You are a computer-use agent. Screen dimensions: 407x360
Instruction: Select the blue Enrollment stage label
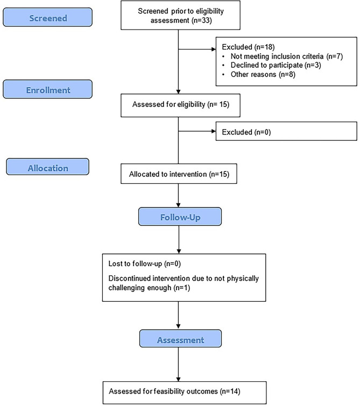[x=47, y=90]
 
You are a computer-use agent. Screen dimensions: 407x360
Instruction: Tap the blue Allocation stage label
[x=47, y=168]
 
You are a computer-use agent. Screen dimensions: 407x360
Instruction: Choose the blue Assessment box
[x=179, y=340]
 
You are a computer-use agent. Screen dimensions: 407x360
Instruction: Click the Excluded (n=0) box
[x=286, y=131]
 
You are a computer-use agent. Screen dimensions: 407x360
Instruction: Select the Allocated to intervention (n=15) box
[x=178, y=174]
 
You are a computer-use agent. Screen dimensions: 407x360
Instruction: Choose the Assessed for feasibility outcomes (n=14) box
[x=178, y=392]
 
